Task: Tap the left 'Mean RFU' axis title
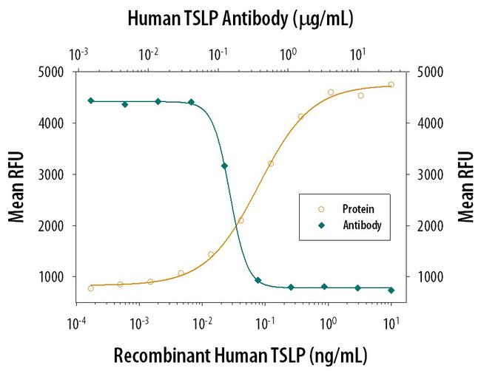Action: pos(16,186)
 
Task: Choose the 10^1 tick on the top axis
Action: pos(357,54)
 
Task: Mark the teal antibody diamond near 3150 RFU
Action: pos(224,166)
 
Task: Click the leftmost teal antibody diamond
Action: pos(90,101)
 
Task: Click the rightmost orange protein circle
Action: pos(391,84)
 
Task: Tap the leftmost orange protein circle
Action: pos(90,288)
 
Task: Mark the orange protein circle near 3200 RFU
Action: pos(271,163)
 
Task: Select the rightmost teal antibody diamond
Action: pos(391,290)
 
